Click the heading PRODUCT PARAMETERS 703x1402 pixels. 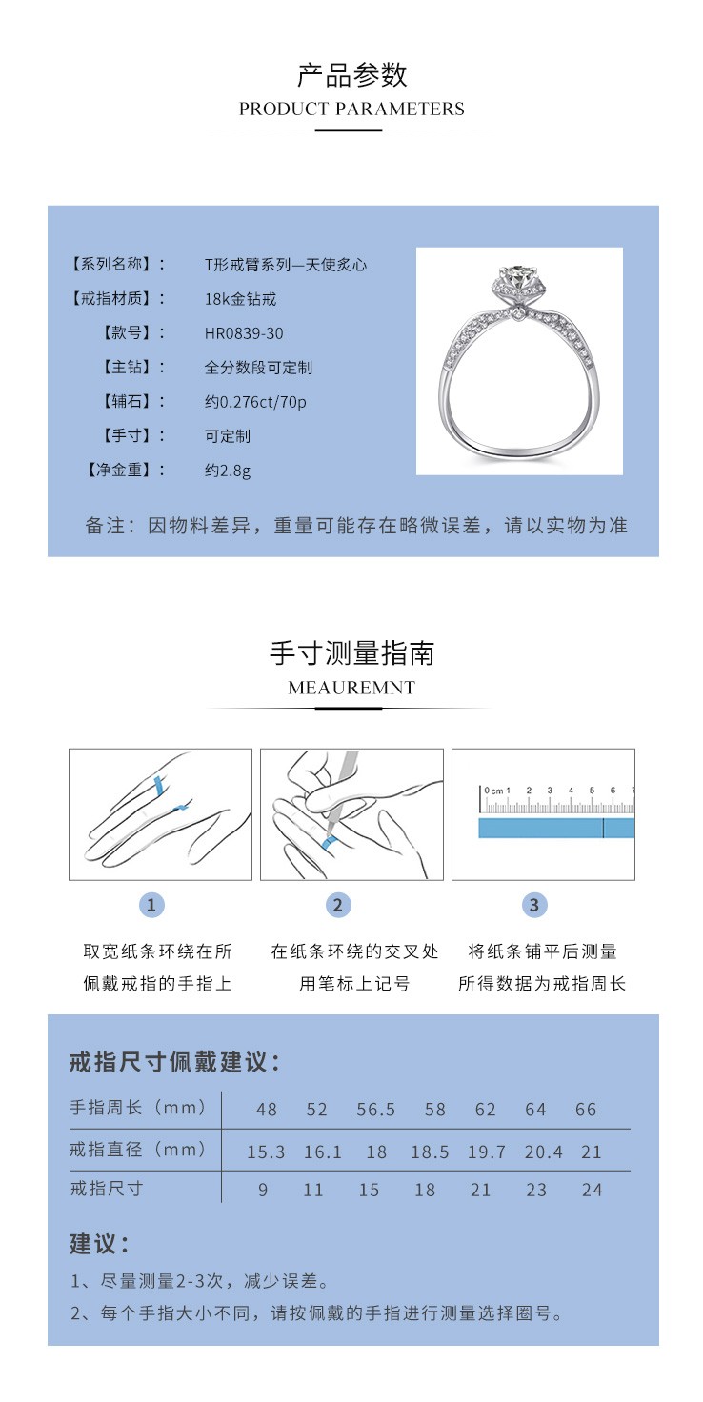[x=351, y=109]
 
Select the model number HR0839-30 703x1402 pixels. [x=244, y=333]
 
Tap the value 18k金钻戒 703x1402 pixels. [x=241, y=299]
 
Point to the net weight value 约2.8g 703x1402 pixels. [x=229, y=471]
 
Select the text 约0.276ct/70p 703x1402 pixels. [x=256, y=402]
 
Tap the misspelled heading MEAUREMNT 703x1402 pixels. [x=351, y=688]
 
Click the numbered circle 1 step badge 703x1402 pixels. [x=151, y=905]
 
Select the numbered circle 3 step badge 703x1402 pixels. [x=533, y=905]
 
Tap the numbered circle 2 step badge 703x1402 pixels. [x=337, y=905]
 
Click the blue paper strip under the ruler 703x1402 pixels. [x=555, y=828]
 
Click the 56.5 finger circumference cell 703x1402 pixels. [x=376, y=1110]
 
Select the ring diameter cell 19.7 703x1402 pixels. [x=486, y=1152]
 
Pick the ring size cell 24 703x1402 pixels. [x=592, y=1191]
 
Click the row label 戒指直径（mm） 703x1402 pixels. [x=138, y=1150]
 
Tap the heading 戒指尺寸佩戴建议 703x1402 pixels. [x=175, y=1063]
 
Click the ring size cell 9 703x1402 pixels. [x=263, y=1191]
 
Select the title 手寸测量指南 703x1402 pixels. [x=351, y=653]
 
